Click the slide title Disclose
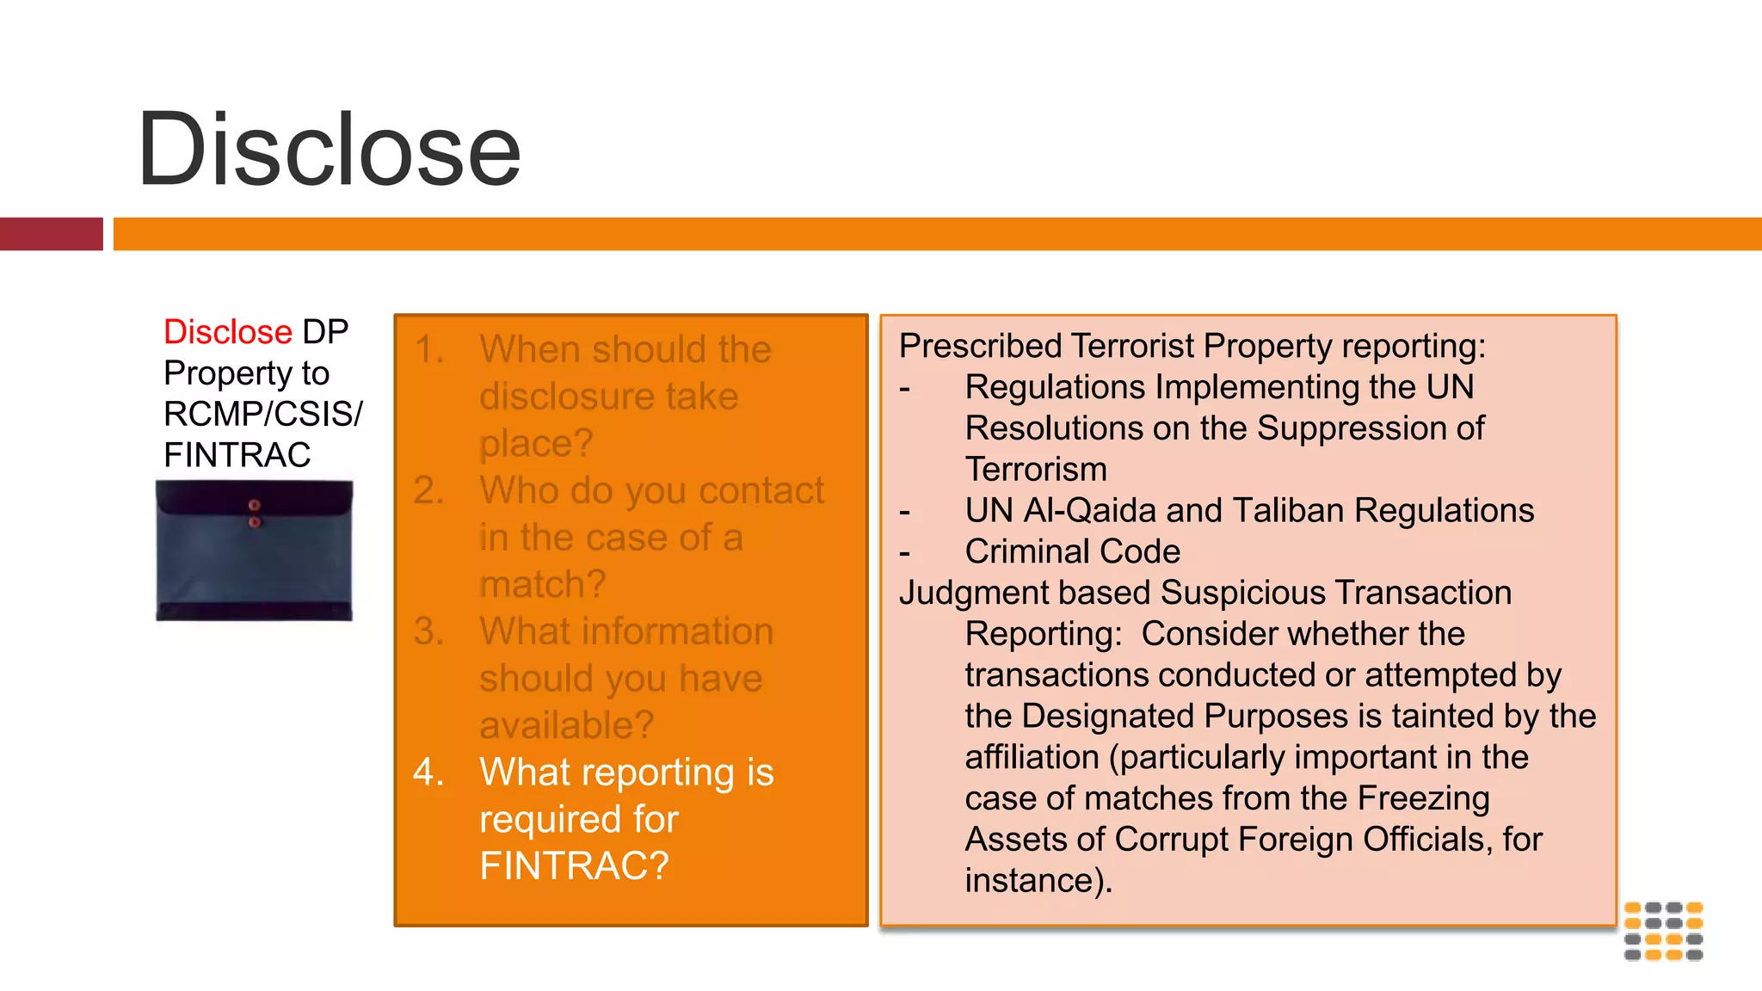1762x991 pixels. click(x=329, y=150)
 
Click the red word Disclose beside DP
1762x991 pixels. click(x=228, y=332)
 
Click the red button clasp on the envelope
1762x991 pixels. click(x=254, y=506)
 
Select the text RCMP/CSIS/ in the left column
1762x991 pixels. click(x=262, y=414)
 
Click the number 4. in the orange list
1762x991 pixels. click(x=428, y=772)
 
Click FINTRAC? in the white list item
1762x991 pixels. click(x=574, y=865)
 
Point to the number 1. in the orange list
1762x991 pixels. click(x=428, y=350)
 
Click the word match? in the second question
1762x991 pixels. click(x=542, y=584)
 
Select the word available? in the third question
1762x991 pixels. click(x=566, y=725)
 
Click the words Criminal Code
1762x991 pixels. click(x=1072, y=551)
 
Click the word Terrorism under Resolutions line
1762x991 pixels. click(x=1036, y=470)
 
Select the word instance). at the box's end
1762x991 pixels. click(x=1038, y=881)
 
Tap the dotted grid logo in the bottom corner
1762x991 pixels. click(x=1663, y=931)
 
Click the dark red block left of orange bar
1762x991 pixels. click(x=51, y=234)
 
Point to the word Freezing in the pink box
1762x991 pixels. click(x=1423, y=798)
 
